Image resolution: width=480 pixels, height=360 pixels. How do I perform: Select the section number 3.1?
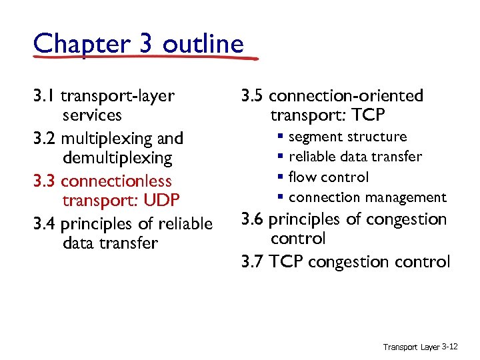pyautogui.click(x=43, y=96)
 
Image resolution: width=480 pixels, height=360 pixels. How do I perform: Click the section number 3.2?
pyautogui.click(x=44, y=139)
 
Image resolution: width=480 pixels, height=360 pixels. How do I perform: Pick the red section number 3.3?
pyautogui.click(x=44, y=181)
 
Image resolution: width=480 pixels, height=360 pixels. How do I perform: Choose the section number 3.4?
pyautogui.click(x=45, y=224)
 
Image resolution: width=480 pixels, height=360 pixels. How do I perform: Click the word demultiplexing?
pyautogui.click(x=117, y=158)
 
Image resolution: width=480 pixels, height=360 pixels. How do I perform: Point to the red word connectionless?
pyautogui.click(x=116, y=181)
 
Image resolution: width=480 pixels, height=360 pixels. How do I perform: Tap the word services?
pyautogui.click(x=92, y=115)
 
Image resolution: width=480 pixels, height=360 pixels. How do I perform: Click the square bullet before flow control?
pyautogui.click(x=282, y=177)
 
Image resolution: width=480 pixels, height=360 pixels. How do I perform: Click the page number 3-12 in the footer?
pyautogui.click(x=449, y=347)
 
